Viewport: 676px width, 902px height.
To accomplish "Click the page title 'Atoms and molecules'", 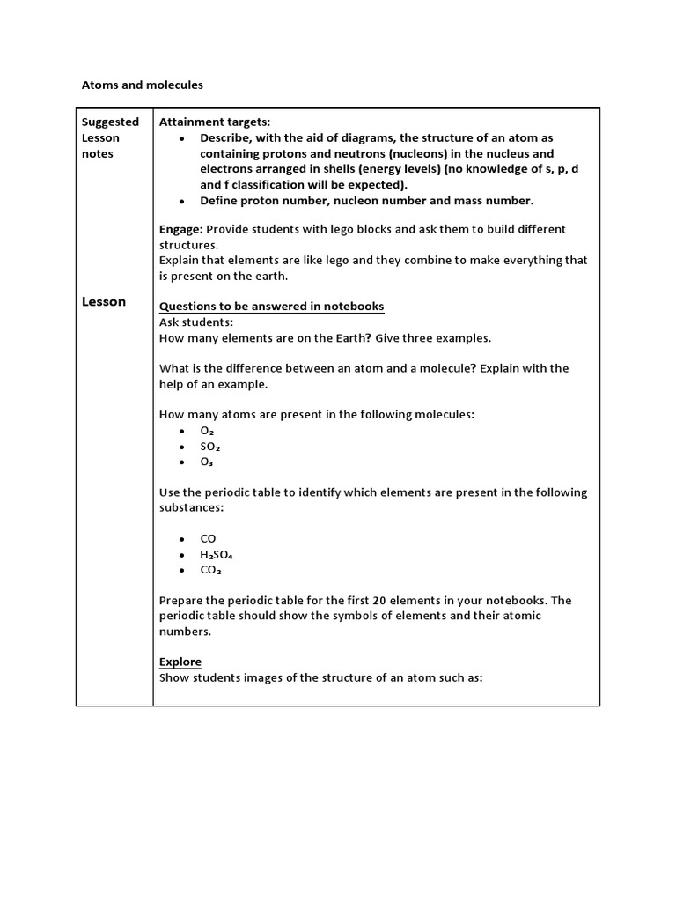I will [x=142, y=85].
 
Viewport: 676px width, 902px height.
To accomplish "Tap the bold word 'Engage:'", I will [x=180, y=229].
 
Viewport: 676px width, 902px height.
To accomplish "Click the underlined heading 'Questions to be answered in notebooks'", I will [x=271, y=307].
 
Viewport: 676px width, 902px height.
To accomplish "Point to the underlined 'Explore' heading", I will [x=180, y=662].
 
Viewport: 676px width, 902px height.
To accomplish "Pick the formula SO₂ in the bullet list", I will [x=209, y=447].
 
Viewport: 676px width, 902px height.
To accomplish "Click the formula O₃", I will [x=207, y=462].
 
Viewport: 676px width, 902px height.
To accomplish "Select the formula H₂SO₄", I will [x=217, y=554].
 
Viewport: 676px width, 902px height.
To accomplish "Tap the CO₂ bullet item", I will [x=210, y=570].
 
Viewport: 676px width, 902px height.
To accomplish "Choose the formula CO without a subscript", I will [x=209, y=538].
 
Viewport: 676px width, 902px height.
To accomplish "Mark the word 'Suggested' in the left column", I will [x=110, y=122].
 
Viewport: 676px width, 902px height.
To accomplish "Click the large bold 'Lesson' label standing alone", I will [x=104, y=301].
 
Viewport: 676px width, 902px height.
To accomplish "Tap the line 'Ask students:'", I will [x=190, y=322].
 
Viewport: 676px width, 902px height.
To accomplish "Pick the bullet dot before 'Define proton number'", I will [x=181, y=201].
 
